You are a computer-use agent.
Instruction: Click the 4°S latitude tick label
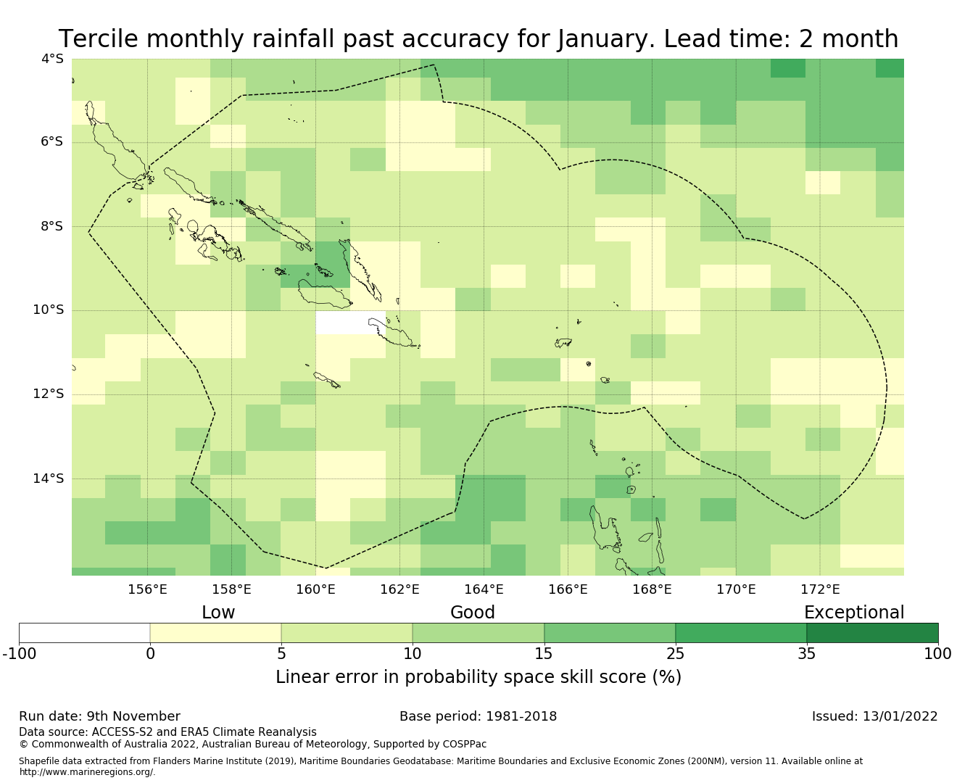tap(51, 59)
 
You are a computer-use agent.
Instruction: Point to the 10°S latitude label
tap(49, 310)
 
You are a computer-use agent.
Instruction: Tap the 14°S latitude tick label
tap(49, 478)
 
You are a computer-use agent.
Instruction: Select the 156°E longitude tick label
tap(147, 589)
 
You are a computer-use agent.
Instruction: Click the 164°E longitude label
tap(484, 589)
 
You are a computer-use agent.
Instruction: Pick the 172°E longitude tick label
tap(820, 589)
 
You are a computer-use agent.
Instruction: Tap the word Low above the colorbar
tap(218, 613)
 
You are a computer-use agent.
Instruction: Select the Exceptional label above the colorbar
tap(854, 613)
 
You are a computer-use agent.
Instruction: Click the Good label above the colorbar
tap(473, 613)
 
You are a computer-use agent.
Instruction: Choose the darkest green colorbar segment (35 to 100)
tap(872, 633)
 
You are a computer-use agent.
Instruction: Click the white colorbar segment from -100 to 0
tap(84, 633)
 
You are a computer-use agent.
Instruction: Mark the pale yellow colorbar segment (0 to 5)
tap(215, 633)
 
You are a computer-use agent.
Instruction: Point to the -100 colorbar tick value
tap(19, 654)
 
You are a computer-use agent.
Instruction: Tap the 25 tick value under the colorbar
tap(675, 654)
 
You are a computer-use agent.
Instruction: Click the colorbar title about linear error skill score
tap(478, 677)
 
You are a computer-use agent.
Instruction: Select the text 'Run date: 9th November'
tap(99, 716)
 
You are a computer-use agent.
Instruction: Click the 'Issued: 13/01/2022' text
tap(874, 716)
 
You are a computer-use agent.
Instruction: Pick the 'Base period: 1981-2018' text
tap(478, 716)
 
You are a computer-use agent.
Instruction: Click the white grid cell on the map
tap(351, 323)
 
